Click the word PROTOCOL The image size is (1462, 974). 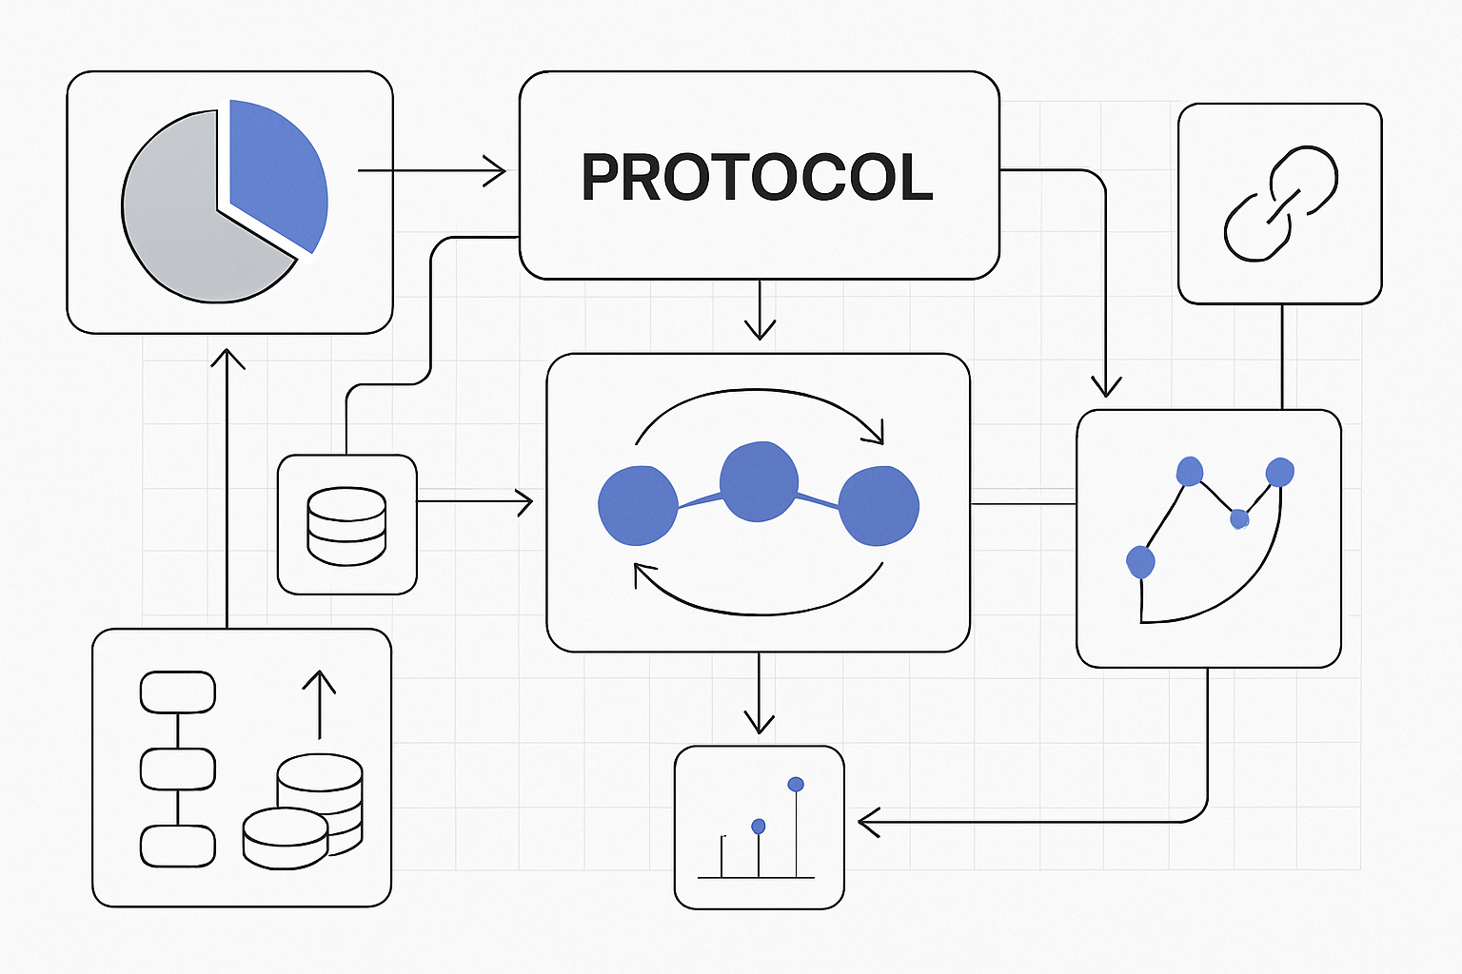point(757,178)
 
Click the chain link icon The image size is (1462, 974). point(1280,203)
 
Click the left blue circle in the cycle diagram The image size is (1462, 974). point(638,506)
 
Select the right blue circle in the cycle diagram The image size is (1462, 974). point(879,506)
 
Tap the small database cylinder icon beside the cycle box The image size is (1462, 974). point(346,526)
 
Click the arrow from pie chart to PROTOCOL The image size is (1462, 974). point(431,171)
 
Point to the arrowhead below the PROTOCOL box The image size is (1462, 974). point(760,328)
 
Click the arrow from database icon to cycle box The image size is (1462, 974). point(474,501)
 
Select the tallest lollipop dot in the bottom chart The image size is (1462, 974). point(796,785)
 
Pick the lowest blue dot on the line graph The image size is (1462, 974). point(1140,562)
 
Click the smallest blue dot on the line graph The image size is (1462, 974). point(1238,518)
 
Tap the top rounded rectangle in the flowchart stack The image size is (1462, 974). point(178,692)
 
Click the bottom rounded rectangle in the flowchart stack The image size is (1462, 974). point(178,846)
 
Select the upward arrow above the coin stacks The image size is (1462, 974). point(319,704)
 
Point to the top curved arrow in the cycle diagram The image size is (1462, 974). point(759,404)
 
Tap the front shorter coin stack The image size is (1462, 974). point(285,838)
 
